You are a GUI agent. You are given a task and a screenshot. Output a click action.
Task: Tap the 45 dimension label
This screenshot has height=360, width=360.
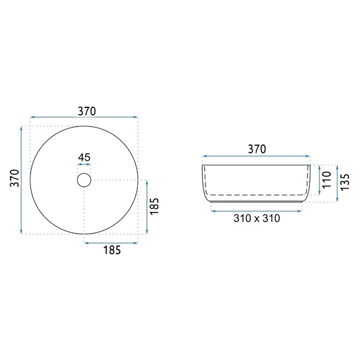(x=84, y=158)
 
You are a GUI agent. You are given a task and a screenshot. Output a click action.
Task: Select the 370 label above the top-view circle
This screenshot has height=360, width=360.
(x=87, y=112)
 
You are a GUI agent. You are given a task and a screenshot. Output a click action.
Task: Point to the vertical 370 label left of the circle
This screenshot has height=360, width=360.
(x=14, y=178)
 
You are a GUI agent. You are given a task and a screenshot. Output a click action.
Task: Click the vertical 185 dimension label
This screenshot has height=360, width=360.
(x=154, y=206)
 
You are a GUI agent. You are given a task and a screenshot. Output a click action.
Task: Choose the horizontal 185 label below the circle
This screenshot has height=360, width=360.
(x=112, y=250)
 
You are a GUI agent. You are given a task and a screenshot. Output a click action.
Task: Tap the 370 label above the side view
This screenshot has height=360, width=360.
(x=257, y=149)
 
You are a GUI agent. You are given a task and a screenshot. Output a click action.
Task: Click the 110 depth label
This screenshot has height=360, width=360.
(x=327, y=180)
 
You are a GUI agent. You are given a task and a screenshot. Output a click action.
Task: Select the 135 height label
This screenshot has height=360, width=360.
(x=345, y=182)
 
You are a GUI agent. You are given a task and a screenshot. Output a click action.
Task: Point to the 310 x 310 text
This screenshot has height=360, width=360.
(x=257, y=219)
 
